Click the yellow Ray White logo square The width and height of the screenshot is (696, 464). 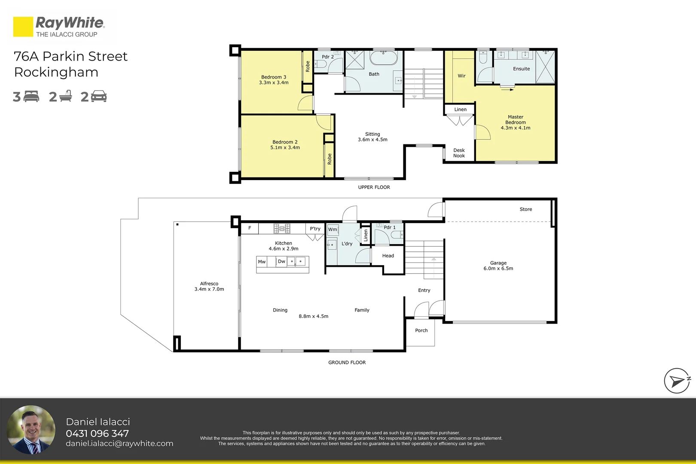23,27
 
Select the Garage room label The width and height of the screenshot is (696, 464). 498,266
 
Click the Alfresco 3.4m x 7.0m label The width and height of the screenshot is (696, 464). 209,286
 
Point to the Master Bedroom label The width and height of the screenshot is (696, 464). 516,122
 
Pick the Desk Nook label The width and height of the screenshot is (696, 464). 459,153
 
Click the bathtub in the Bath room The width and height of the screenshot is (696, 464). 384,58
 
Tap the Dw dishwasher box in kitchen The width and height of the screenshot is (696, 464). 281,261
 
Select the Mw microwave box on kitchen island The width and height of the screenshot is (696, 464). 262,262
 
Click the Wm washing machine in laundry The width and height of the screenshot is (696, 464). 333,230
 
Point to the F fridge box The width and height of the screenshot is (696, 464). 250,229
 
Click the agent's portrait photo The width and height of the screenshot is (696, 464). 31,430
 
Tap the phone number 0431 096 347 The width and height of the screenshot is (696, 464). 97,433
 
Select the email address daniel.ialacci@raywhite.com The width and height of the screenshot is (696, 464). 119,443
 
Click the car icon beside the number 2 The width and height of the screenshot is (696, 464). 98,96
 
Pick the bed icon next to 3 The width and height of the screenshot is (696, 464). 31,96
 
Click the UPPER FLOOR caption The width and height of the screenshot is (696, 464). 374,187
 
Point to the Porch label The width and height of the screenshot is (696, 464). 421,330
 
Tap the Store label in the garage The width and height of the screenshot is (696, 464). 526,209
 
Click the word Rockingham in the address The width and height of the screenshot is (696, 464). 56,73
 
